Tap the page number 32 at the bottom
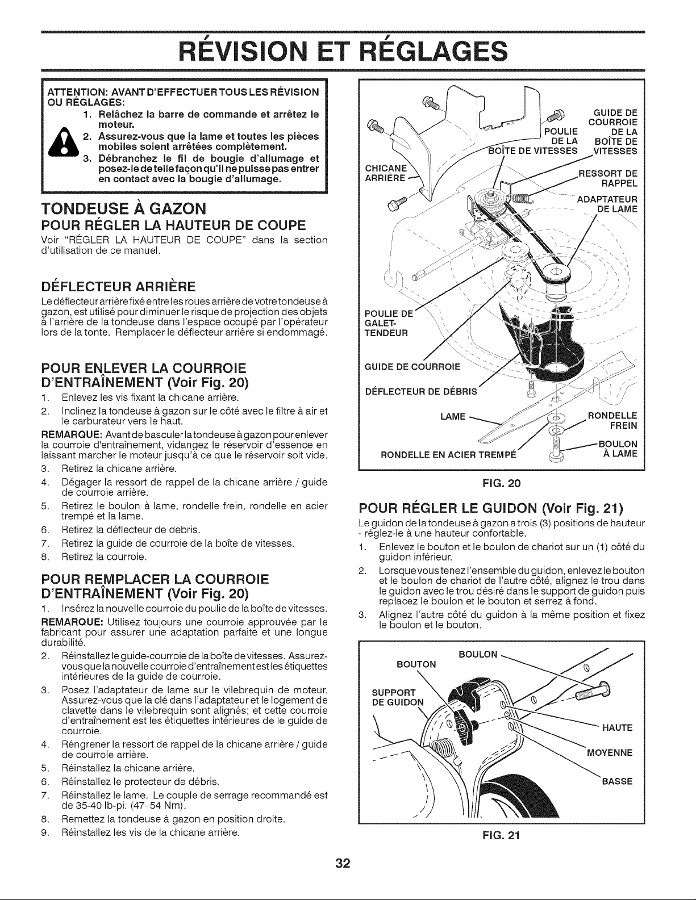tap(343, 863)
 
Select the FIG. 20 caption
tap(502, 483)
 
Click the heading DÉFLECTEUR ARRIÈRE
tap(119, 286)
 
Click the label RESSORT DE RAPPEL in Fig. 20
tap(608, 178)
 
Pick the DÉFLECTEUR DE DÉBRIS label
tap(421, 391)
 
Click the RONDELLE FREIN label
tap(612, 421)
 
